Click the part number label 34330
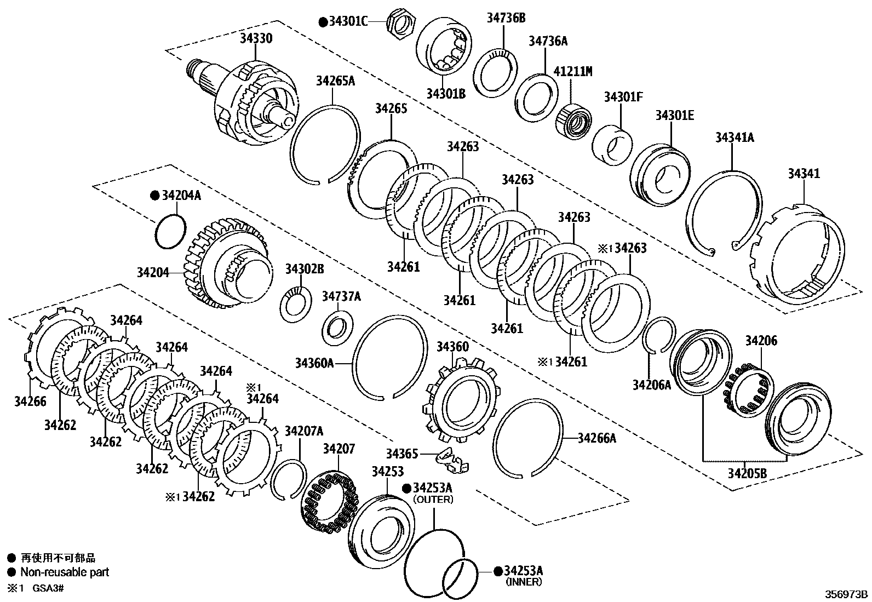[256, 38]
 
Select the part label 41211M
[573, 71]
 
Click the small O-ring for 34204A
[170, 230]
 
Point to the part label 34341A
[734, 137]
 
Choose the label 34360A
[314, 363]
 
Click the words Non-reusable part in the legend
[65, 572]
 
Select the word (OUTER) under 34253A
[433, 500]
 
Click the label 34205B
[747, 473]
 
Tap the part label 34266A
[597, 438]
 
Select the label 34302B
[305, 269]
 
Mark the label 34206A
[651, 385]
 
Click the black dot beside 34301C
[323, 22]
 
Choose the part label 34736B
[506, 18]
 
